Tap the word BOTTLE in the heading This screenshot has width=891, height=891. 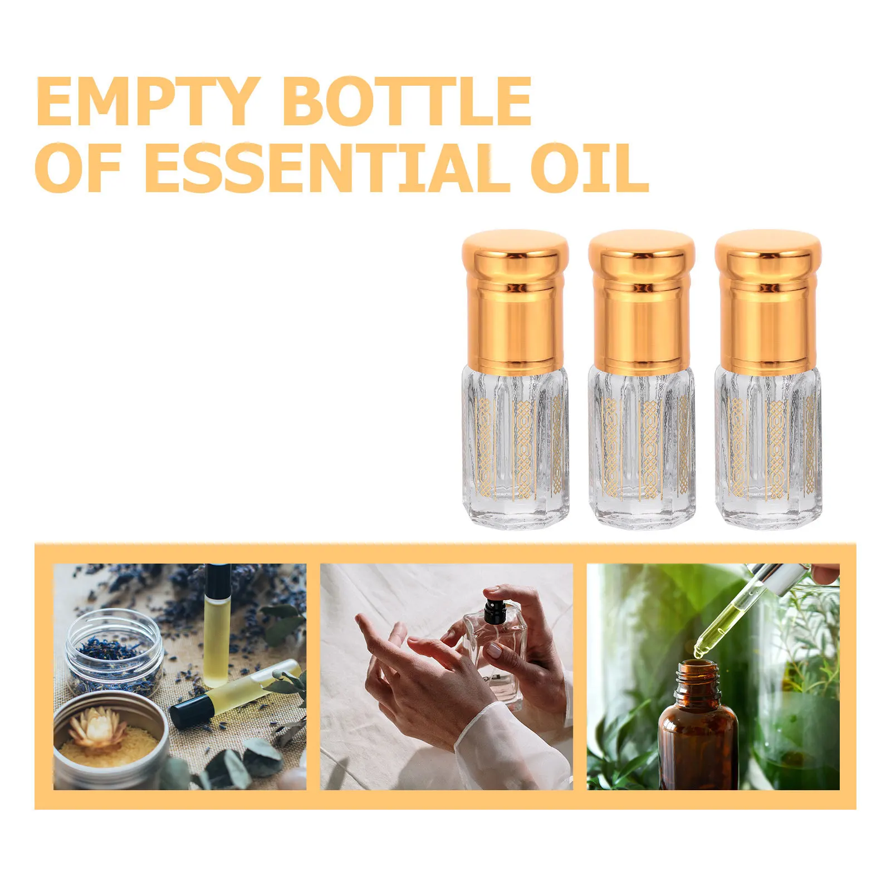click(407, 101)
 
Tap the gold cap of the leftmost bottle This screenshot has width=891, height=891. click(515, 301)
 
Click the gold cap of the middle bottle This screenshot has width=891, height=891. click(642, 301)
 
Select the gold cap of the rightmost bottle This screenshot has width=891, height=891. click(768, 301)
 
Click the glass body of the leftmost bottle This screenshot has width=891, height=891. click(515, 445)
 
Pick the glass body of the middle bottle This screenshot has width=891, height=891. click(642, 445)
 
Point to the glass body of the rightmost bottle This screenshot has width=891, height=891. click(768, 445)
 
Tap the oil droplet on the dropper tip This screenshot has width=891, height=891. click(698, 648)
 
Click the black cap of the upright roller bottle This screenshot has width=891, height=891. click(217, 579)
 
